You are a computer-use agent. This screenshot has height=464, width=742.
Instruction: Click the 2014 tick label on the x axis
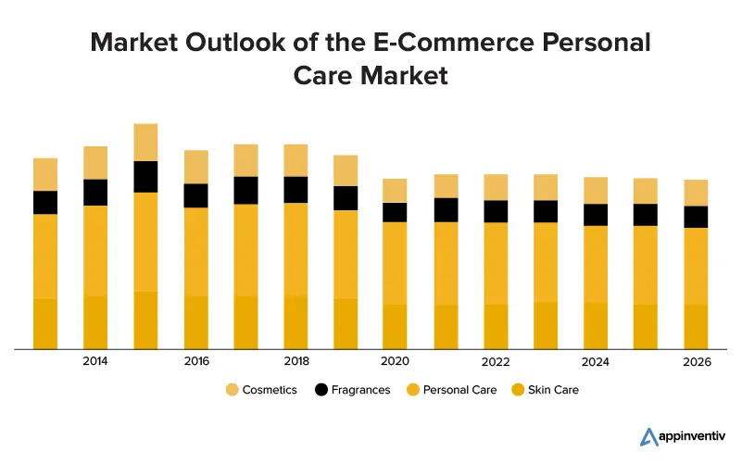94,361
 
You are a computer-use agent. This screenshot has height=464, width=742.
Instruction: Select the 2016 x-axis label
196,361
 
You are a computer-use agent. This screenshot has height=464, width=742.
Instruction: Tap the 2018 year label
296,361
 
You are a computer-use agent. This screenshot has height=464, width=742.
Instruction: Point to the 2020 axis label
396,361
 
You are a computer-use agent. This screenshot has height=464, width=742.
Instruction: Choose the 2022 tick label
497,361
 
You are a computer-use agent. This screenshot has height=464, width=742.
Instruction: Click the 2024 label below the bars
596,361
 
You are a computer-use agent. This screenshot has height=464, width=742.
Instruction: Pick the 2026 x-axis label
697,361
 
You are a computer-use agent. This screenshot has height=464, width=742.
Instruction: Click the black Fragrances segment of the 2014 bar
95,192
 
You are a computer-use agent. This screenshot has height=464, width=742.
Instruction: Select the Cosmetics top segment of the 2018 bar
296,160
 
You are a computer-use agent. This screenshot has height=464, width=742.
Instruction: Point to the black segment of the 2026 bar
696,217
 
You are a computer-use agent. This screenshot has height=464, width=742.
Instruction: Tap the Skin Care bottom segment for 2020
396,327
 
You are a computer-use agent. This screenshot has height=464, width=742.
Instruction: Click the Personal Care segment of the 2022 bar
496,263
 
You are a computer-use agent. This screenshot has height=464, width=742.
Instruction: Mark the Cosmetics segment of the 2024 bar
596,190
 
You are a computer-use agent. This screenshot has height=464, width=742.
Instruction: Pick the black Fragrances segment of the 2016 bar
195,195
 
